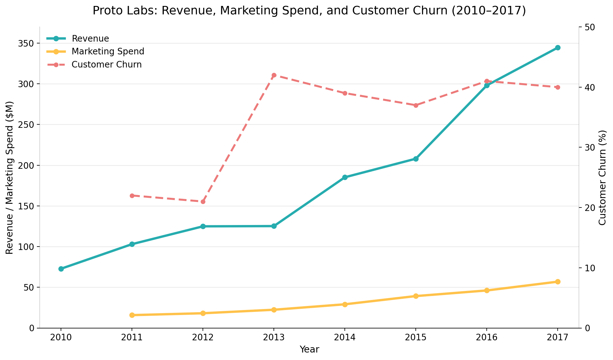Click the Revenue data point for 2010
[61, 269]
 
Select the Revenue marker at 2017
[558, 47]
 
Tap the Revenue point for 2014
[345, 177]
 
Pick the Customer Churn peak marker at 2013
[274, 75]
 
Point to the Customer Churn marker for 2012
[203, 202]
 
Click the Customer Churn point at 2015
[416, 105]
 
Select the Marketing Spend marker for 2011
[132, 315]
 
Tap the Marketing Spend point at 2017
[558, 282]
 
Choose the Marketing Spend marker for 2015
[416, 296]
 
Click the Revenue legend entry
[90, 39]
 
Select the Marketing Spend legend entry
[108, 52]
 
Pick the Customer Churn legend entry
[106, 65]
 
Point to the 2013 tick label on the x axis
[274, 338]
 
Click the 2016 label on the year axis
[487, 338]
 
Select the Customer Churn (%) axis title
[602, 177]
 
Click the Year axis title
[309, 349]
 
